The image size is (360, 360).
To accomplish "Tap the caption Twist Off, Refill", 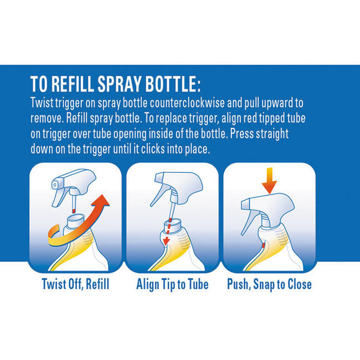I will click(x=76, y=284).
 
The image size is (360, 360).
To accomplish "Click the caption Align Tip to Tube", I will click(x=172, y=284).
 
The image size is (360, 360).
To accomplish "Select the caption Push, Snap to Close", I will click(x=269, y=284).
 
